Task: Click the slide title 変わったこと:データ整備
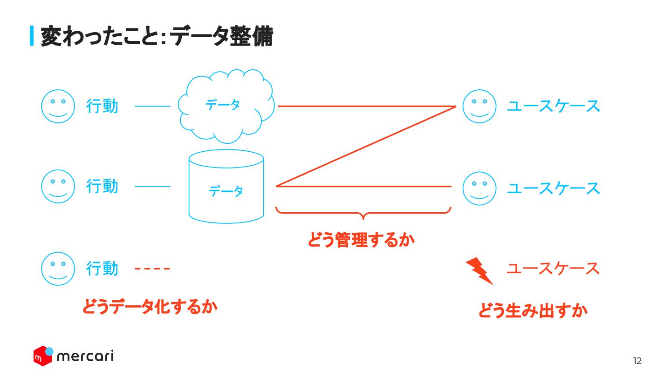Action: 157,36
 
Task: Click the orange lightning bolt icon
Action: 479,270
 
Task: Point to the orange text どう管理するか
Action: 361,240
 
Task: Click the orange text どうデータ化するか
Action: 150,307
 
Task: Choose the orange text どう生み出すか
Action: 533,310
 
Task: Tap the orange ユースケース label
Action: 553,269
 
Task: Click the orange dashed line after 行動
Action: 152,269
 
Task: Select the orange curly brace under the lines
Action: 363,213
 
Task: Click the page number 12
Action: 637,361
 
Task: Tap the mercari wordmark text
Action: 85,357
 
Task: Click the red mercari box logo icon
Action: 43,356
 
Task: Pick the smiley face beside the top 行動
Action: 58,106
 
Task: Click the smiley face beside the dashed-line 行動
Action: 58,269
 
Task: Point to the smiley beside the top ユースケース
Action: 479,106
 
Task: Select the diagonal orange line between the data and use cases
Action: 366,146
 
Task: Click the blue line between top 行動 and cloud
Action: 152,106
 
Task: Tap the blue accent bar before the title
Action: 32,36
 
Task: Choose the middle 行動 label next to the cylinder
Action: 102,186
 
